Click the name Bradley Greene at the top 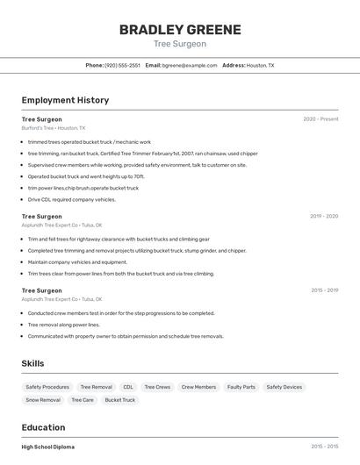pyautogui.click(x=180, y=30)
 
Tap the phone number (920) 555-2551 pyautogui.click(x=122, y=66)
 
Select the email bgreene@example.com pyautogui.click(x=189, y=66)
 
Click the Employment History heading pyautogui.click(x=65, y=100)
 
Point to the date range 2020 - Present pyautogui.click(x=320, y=119)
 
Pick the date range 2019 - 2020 pyautogui.click(x=324, y=216)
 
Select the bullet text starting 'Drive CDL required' pyautogui.click(x=72, y=199)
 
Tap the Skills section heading pyautogui.click(x=33, y=363)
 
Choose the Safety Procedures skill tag pyautogui.click(x=47, y=387)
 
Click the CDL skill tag pyautogui.click(x=128, y=387)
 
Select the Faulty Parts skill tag pyautogui.click(x=241, y=387)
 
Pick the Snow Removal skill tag pyautogui.click(x=43, y=400)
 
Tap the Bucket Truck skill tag pyautogui.click(x=120, y=400)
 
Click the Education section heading pyautogui.click(x=43, y=428)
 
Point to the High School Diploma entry pyautogui.click(x=48, y=447)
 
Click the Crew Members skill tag pyautogui.click(x=199, y=387)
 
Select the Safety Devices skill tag pyautogui.click(x=284, y=387)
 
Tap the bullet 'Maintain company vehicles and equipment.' pyautogui.click(x=77, y=262)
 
